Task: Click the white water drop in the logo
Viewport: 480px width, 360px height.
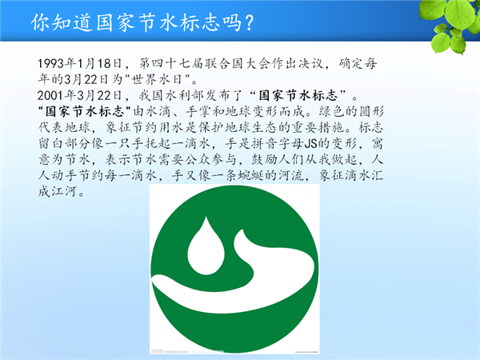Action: click(206, 248)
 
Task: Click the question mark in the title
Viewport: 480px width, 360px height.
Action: click(249, 22)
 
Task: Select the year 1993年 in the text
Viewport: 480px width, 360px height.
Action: click(57, 64)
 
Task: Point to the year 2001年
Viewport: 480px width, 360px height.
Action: click(57, 95)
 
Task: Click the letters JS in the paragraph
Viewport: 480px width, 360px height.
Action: click(311, 143)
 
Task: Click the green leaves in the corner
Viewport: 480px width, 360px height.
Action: click(453, 23)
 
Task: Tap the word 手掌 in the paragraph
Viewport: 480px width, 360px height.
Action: click(198, 111)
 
